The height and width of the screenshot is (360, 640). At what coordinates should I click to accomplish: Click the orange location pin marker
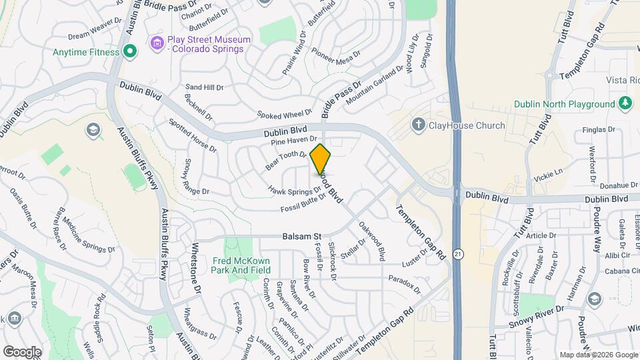[321, 159]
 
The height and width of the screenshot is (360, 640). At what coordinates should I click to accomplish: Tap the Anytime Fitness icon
[130, 51]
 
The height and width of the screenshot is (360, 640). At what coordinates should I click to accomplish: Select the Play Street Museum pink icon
[157, 44]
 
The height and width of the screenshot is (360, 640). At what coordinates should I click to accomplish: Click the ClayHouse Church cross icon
[418, 125]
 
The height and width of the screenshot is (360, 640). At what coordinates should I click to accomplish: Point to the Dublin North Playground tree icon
[625, 104]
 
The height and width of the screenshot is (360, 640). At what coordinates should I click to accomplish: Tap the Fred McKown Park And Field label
[241, 265]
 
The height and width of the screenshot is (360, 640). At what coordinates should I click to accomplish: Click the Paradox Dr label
[405, 283]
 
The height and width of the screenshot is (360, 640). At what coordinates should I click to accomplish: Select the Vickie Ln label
[549, 175]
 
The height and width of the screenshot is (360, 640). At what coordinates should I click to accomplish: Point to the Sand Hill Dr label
[205, 87]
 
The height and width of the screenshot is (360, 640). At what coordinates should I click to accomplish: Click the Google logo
[22, 351]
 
